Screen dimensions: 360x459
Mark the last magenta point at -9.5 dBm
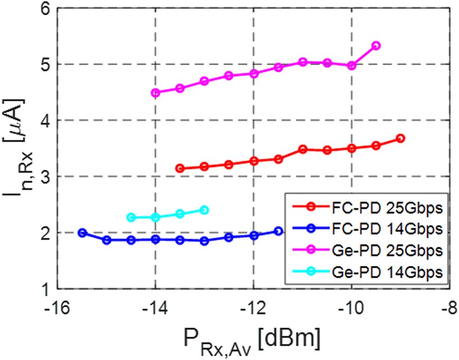pyautogui.click(x=376, y=46)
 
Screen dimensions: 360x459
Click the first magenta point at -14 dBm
pyautogui.click(x=156, y=93)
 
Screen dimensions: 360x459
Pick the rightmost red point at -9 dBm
pyautogui.click(x=401, y=139)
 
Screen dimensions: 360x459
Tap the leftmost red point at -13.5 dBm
pyautogui.click(x=180, y=168)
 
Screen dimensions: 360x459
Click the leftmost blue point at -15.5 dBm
pyautogui.click(x=82, y=233)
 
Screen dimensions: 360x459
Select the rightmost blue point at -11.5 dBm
pyautogui.click(x=278, y=231)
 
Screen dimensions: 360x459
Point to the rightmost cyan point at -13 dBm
pyautogui.click(x=204, y=210)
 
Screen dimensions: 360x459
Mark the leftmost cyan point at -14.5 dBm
pyautogui.click(x=131, y=218)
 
